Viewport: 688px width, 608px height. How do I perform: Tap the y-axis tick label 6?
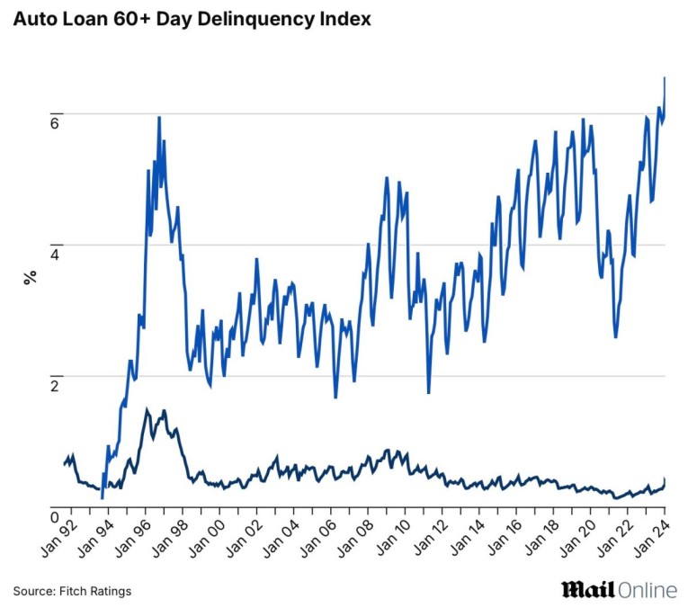(x=56, y=122)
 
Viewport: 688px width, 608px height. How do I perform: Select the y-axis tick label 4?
(x=56, y=254)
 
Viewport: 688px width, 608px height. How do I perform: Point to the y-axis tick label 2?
(x=56, y=385)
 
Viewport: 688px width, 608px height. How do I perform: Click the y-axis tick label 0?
(x=56, y=516)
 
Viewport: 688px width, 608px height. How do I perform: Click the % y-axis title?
(x=30, y=276)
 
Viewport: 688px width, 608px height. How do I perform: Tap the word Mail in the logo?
(x=588, y=590)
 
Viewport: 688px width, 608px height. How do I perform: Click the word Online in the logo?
(x=646, y=590)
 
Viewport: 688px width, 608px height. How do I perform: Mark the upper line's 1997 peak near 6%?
(x=159, y=117)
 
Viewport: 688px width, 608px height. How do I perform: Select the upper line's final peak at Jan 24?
(x=665, y=78)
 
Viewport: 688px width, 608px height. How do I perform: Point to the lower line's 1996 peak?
(x=147, y=410)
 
